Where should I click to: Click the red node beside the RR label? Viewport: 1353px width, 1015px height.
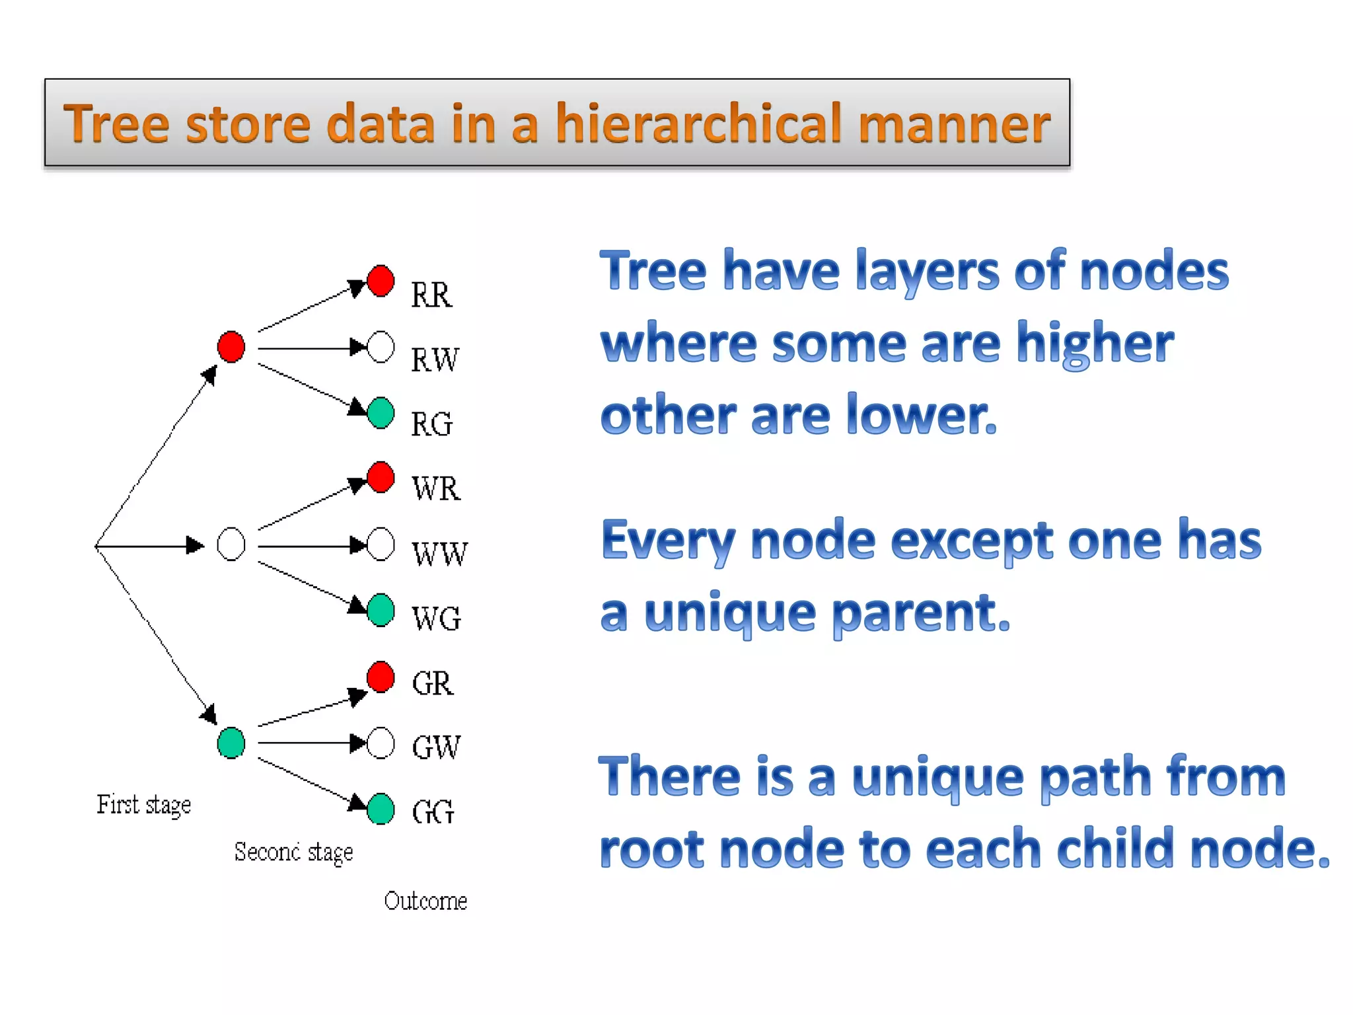click(381, 281)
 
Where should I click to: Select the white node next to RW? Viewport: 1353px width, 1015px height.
click(381, 347)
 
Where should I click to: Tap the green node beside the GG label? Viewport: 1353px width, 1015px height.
click(381, 808)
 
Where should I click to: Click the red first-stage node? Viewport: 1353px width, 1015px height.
click(231, 347)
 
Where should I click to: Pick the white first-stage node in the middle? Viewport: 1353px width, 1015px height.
click(231, 545)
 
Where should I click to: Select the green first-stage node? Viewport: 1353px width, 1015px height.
click(231, 743)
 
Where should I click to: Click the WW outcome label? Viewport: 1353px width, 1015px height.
click(439, 554)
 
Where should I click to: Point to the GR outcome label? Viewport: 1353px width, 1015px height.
click(433, 683)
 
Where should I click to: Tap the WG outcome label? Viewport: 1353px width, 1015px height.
click(436, 619)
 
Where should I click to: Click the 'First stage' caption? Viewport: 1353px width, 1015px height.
click(144, 805)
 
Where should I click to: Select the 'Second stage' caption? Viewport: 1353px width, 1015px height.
click(293, 852)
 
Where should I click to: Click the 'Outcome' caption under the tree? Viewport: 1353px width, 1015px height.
click(425, 901)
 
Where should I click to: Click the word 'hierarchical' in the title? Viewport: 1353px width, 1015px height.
click(699, 124)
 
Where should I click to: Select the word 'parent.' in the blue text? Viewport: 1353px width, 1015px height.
click(921, 613)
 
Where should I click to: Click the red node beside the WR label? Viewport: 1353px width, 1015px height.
click(381, 477)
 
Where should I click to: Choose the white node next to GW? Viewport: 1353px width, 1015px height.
click(381, 743)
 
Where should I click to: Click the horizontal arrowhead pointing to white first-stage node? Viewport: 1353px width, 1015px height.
click(195, 545)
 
